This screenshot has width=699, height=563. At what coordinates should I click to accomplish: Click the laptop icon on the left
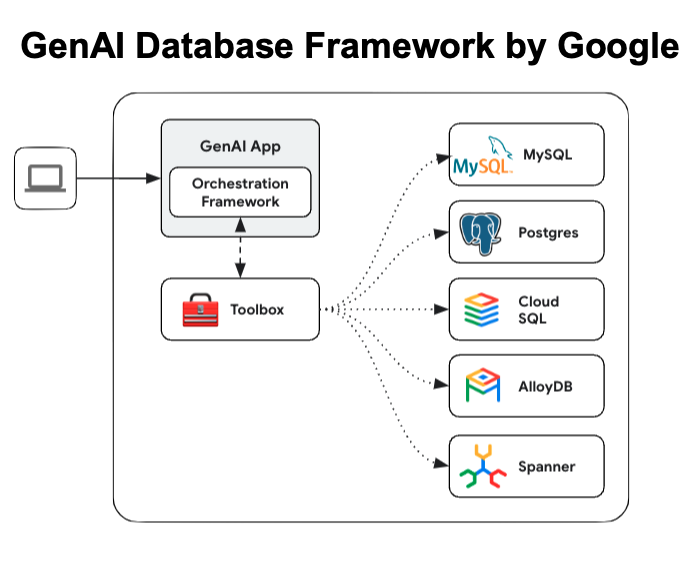click(45, 179)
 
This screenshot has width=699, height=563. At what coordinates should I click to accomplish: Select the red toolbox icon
click(200, 310)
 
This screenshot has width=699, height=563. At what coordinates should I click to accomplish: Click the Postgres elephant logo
click(482, 233)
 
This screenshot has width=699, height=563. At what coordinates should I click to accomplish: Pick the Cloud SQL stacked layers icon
click(482, 310)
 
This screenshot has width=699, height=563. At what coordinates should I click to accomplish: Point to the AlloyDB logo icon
click(482, 386)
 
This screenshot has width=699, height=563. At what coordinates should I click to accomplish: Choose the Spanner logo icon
click(482, 466)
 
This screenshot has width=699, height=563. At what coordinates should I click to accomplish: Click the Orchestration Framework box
click(240, 192)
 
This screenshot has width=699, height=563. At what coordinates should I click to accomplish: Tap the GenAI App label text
click(240, 146)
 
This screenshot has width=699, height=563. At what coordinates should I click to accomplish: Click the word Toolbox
click(257, 310)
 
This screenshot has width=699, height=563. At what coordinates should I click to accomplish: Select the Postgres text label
click(548, 233)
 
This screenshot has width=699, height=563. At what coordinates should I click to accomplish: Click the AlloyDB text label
click(546, 386)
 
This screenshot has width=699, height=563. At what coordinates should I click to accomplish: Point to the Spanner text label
click(547, 466)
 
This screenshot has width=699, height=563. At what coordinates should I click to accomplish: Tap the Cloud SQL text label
click(538, 310)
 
